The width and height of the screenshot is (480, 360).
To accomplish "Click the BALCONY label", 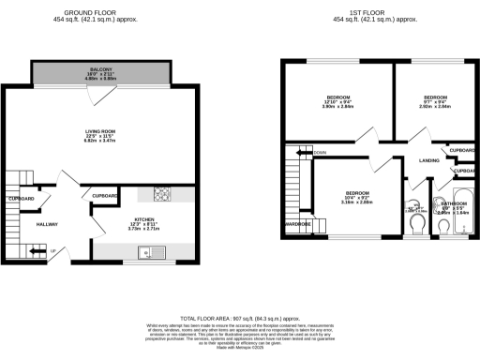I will point(100,69).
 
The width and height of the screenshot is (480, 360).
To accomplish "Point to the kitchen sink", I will point(147,251).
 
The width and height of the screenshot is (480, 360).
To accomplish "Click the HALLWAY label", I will point(46,225).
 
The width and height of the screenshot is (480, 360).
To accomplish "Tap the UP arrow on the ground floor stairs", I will point(37,250).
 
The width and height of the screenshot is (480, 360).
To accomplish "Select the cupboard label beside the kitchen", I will point(105,196).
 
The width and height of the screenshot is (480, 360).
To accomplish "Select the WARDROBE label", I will point(298,224).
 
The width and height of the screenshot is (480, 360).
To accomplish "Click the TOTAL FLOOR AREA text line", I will point(239,319).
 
